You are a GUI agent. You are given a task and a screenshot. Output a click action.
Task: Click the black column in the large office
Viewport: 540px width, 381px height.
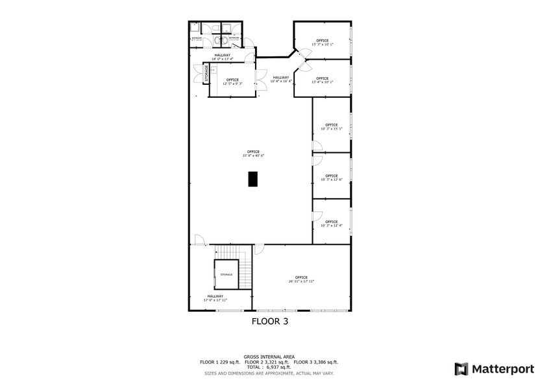[x=253, y=179]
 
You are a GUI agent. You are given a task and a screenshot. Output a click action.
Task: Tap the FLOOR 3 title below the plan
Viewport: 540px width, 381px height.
[x=269, y=321]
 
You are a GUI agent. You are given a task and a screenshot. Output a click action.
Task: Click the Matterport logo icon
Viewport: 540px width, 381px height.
[x=461, y=369]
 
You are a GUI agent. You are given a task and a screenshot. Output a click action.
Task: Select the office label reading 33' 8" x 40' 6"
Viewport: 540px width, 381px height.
[x=253, y=154]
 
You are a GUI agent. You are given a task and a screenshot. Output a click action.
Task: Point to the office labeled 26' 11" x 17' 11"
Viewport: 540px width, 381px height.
[x=301, y=279]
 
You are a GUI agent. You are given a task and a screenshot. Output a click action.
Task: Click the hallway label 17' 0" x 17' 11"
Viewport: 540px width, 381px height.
[x=216, y=298]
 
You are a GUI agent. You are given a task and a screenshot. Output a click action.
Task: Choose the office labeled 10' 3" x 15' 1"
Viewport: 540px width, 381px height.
[x=331, y=126]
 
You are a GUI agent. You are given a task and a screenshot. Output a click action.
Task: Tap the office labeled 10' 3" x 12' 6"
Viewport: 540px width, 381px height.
[x=331, y=177]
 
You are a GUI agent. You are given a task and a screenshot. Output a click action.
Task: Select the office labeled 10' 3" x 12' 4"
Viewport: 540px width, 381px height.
[x=331, y=224]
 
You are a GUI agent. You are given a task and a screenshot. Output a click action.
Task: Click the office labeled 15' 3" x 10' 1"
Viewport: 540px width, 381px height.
[x=323, y=42]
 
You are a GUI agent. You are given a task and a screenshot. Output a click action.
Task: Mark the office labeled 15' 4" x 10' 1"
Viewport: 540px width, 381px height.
[x=323, y=80]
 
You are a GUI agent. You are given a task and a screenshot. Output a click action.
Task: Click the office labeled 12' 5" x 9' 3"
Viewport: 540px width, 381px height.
[x=232, y=82]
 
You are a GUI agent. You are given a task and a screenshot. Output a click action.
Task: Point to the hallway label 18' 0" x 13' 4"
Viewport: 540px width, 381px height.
[x=222, y=57]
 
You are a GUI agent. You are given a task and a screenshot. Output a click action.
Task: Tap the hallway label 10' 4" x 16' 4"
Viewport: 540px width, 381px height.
[x=281, y=79]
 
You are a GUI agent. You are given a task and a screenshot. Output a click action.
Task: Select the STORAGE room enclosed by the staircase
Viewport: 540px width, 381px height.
[x=226, y=275]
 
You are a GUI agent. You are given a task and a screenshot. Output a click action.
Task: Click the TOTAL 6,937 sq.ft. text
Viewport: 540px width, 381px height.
[x=269, y=366]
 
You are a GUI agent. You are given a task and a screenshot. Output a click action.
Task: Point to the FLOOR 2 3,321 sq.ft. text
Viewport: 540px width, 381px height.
[x=269, y=362]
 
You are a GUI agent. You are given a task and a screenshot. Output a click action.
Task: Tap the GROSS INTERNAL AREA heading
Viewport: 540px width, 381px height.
[x=269, y=356]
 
